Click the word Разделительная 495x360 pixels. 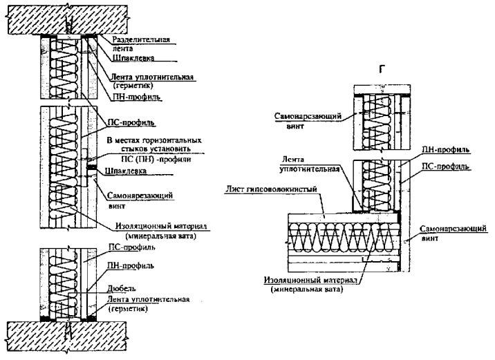point(142,41)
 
